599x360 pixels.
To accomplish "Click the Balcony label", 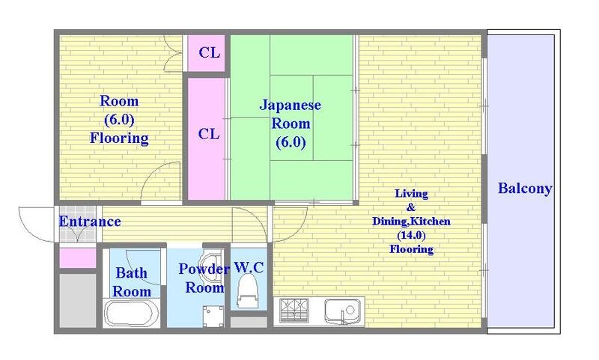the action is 525,189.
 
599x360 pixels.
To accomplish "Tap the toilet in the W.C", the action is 247,291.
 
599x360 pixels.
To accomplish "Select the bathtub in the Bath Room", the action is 132,314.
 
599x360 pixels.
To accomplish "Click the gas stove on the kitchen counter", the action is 294,311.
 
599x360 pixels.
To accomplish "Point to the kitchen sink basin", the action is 342,311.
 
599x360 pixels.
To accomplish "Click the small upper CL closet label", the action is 210,52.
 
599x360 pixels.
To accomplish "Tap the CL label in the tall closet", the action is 209,134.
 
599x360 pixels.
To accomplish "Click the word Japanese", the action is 291,106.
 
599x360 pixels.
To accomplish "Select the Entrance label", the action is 90,222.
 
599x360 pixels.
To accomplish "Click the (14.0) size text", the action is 411,235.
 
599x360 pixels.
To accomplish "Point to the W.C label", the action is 249,268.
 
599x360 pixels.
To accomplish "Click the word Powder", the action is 204,269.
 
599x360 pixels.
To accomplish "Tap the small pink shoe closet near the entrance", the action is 78,258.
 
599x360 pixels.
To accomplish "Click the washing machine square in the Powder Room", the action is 213,316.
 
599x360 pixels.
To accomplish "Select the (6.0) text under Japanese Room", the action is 291,142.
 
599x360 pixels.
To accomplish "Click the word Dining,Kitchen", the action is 411,222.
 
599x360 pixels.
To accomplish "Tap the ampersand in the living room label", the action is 411,207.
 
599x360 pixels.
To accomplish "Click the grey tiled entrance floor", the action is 78,224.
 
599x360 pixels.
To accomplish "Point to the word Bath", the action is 132,273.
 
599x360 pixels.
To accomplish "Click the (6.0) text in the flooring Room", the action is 119,120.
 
